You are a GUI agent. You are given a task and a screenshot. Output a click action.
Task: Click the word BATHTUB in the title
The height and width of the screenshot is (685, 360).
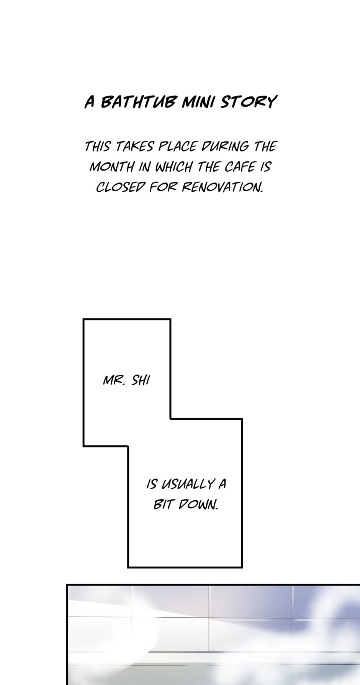pos(139,102)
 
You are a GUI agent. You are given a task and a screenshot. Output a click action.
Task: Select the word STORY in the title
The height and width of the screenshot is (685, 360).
pos(248,102)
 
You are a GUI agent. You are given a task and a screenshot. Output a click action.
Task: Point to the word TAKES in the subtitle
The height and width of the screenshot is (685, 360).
pos(134,146)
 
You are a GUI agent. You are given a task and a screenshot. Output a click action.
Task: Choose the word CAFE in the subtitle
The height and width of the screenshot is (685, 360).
pos(240,167)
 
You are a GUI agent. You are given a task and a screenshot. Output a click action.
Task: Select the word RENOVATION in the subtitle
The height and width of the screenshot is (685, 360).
pos(222,187)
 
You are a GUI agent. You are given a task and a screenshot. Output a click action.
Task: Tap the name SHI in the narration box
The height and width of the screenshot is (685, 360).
pos(141,381)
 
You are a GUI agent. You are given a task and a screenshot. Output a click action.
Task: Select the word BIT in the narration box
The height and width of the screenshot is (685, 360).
pos(163,505)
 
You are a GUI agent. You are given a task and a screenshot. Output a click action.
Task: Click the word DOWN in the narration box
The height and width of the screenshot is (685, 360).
pos(197,505)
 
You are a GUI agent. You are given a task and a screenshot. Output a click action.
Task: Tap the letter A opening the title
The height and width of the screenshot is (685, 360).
pos(90,102)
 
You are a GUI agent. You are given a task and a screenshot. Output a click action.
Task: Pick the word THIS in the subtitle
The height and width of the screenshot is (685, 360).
pos(98,146)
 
